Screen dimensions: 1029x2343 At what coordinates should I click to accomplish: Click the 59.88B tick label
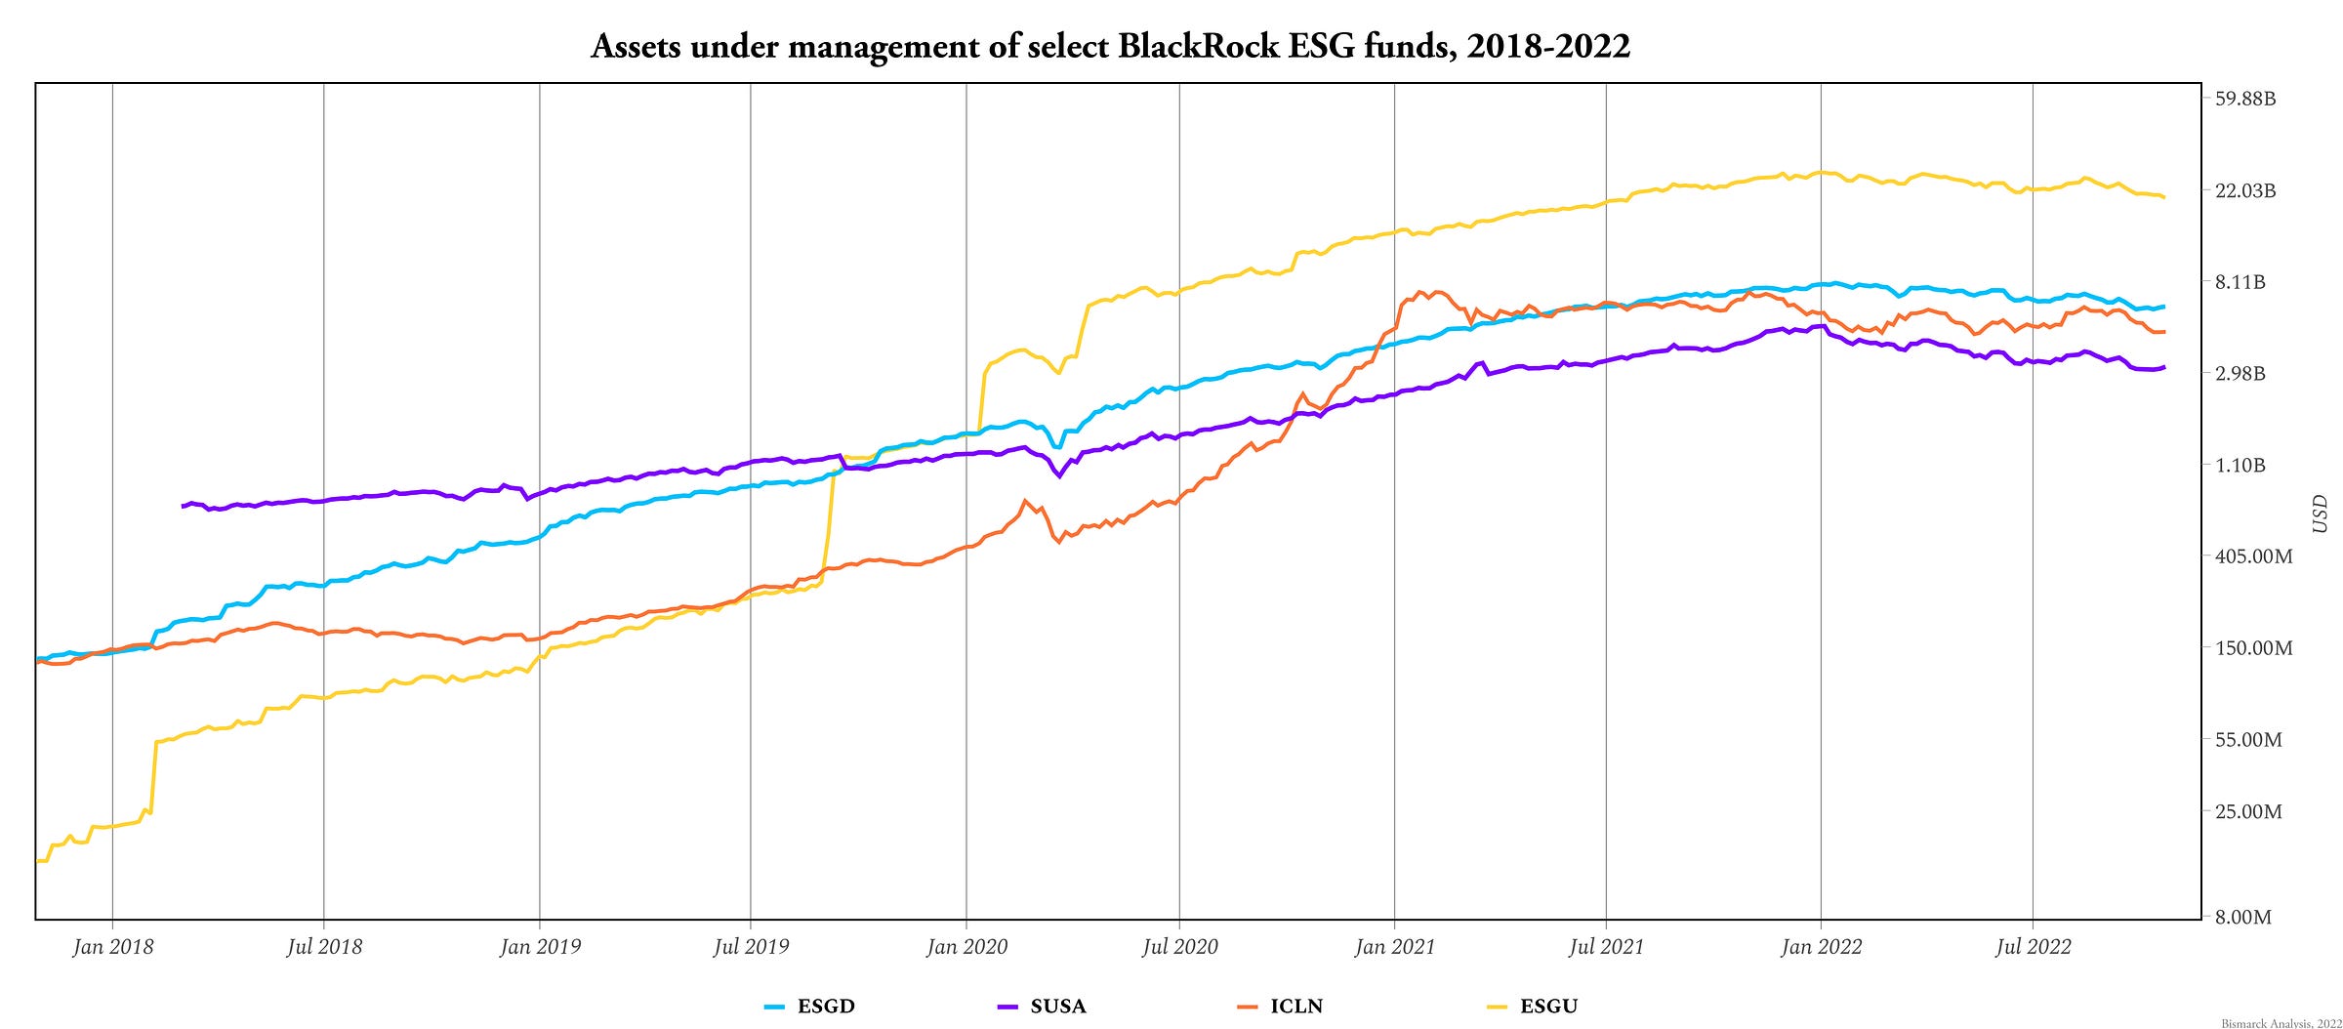[2245, 99]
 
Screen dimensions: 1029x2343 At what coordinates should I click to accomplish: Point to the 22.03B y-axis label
[2245, 190]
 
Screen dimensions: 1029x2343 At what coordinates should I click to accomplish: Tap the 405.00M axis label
[2253, 556]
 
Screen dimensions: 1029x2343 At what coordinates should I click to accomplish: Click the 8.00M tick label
[2243, 917]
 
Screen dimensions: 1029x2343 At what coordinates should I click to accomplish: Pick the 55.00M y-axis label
[2248, 740]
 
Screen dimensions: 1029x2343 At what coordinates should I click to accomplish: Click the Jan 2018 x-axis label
[113, 946]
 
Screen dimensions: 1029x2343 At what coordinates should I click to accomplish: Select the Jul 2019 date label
[751, 946]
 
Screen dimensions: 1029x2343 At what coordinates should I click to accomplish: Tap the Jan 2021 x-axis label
[1395, 946]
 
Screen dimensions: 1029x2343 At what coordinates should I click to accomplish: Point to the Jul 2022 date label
[2033, 946]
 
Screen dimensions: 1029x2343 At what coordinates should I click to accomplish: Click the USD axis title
[2321, 514]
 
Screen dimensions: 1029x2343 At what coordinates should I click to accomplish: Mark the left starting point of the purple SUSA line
[183, 506]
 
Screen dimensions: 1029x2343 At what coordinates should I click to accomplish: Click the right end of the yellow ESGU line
[2164, 197]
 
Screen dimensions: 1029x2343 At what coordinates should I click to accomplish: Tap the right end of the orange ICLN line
[2164, 332]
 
